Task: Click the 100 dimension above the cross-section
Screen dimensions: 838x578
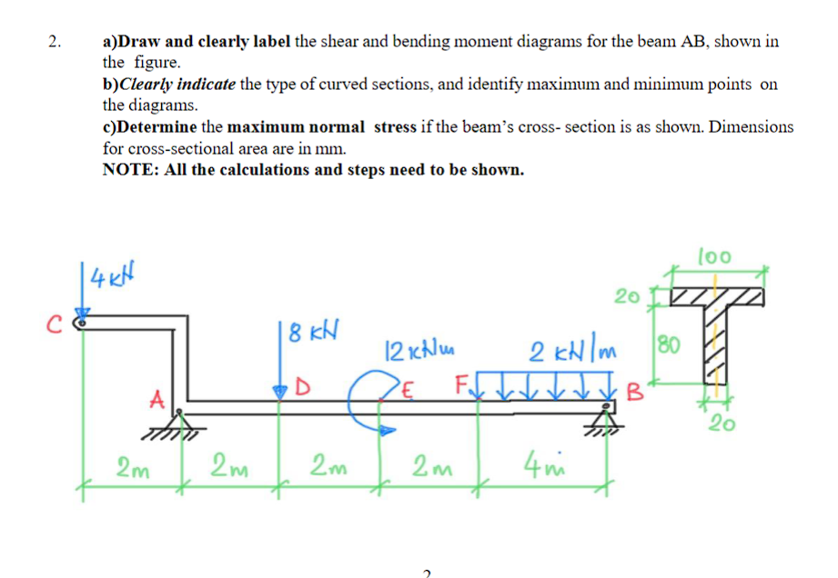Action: point(714,257)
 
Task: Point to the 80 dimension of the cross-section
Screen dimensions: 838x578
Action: point(667,346)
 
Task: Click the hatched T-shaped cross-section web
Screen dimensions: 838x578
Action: point(719,345)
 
